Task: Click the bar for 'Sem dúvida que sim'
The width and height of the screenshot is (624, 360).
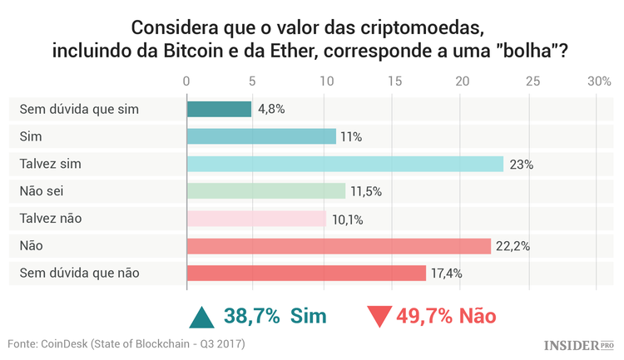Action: (219, 109)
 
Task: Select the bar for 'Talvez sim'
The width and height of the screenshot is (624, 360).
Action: (345, 164)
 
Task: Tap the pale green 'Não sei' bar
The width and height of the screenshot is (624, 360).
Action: (266, 191)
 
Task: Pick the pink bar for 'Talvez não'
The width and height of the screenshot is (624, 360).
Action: (256, 219)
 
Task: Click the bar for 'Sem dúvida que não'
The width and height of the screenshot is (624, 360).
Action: (307, 273)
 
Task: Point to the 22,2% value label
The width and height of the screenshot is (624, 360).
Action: (513, 246)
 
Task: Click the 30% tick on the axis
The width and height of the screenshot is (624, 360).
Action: (599, 81)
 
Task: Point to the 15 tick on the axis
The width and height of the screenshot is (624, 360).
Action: (394, 81)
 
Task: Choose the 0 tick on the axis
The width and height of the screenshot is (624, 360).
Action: (187, 81)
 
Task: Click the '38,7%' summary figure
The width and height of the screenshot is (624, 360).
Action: (253, 316)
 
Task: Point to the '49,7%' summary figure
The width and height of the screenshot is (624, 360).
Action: (426, 316)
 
